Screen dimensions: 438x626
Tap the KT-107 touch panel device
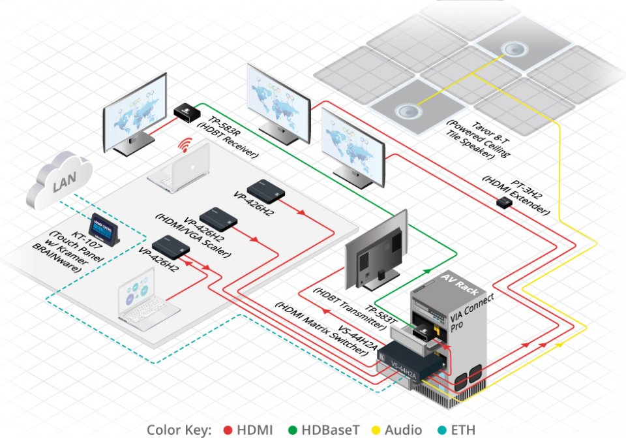(104, 228)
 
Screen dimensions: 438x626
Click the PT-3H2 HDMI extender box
(503, 203)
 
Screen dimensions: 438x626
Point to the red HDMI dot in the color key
(228, 430)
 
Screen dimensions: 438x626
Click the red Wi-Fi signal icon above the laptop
(187, 145)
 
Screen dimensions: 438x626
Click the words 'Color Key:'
(180, 430)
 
